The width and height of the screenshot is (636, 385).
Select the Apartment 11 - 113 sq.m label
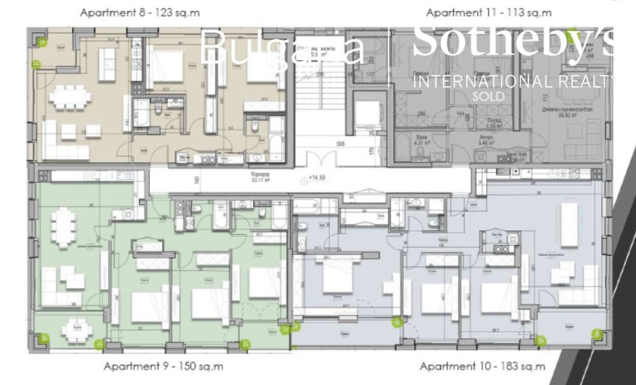pyautogui.click(x=488, y=12)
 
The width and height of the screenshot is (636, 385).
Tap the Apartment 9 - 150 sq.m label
pyautogui.click(x=163, y=367)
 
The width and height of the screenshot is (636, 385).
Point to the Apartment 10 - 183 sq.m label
pyautogui.click(x=483, y=367)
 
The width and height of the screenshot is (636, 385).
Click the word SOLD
pyautogui.click(x=488, y=97)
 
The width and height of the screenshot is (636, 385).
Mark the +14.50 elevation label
pyautogui.click(x=316, y=177)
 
